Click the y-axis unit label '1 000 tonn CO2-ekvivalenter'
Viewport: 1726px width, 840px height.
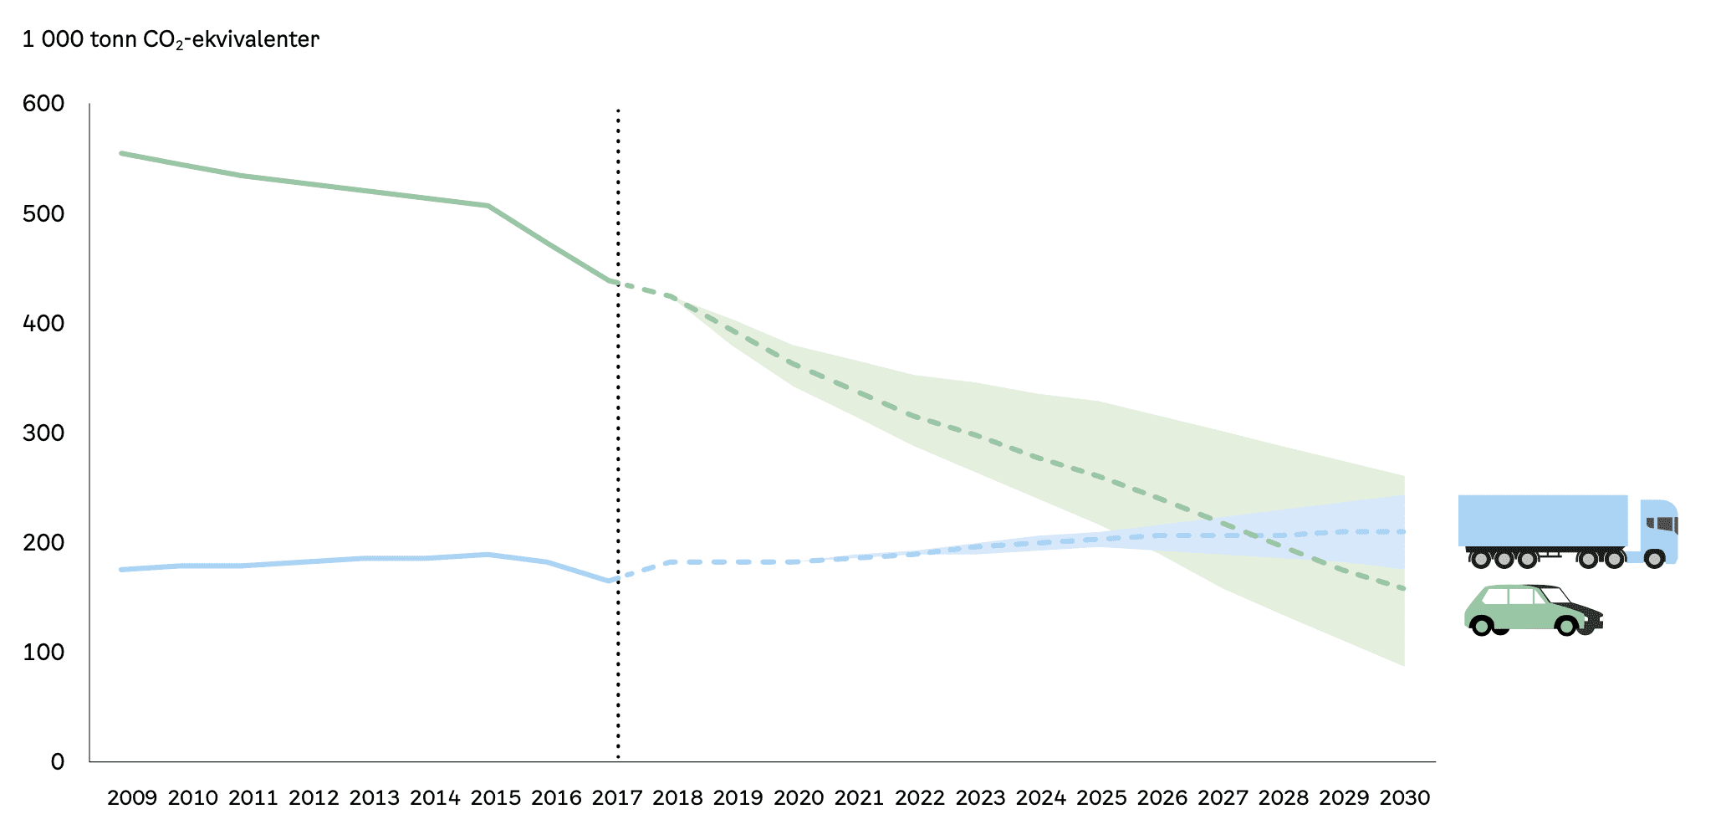point(171,39)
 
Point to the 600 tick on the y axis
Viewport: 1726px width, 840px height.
point(43,104)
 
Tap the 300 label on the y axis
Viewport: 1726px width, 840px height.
point(43,433)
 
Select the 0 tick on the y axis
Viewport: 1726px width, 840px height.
point(57,761)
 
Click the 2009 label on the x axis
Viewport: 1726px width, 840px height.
point(132,798)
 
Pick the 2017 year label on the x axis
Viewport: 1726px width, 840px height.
point(617,798)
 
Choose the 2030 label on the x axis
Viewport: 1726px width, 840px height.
point(1405,798)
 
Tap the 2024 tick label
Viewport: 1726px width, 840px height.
point(1041,798)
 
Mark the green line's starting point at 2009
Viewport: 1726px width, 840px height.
point(122,153)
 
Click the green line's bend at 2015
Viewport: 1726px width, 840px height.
point(488,206)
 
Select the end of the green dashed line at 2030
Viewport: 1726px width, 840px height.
point(1403,589)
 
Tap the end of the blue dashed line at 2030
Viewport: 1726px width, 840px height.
point(1403,531)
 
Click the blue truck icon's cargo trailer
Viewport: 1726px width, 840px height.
point(1542,520)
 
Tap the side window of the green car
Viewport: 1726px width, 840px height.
point(1520,597)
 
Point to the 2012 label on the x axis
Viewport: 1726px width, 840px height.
point(314,798)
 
